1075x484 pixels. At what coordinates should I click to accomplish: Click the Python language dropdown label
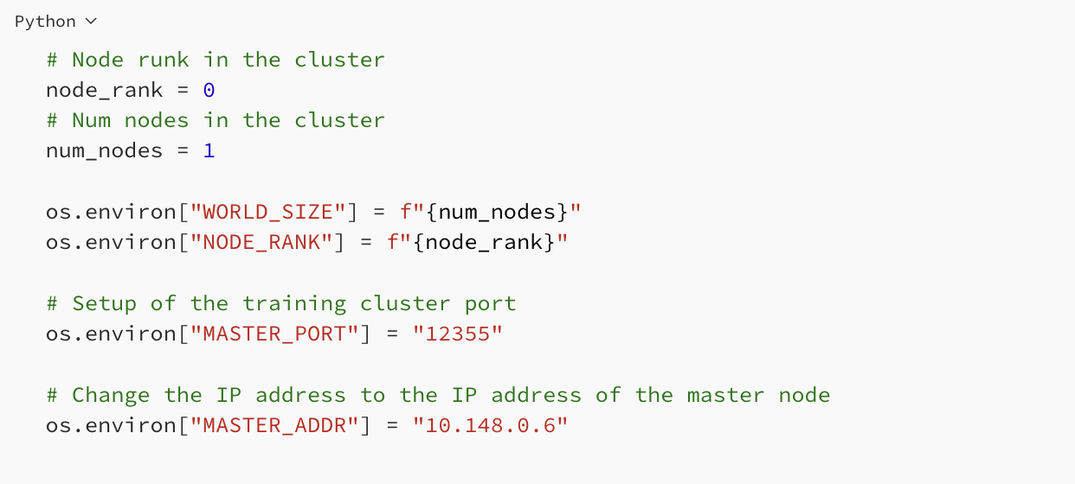coord(45,22)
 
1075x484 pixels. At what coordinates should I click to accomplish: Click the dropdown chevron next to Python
coord(92,22)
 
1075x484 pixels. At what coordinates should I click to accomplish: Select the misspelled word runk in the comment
coord(163,60)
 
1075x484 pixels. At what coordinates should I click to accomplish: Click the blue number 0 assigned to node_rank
coord(209,90)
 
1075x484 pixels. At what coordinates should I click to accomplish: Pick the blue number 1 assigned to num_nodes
coord(209,150)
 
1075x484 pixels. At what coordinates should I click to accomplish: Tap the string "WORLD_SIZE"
coord(267,212)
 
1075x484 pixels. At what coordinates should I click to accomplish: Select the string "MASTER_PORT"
coord(274,334)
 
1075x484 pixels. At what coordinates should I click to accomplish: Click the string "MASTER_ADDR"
coord(274,425)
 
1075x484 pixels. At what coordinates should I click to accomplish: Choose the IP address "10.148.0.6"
coord(490,425)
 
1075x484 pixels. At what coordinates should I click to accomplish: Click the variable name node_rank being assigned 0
coord(104,90)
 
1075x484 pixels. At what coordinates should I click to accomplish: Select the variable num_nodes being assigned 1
coord(104,150)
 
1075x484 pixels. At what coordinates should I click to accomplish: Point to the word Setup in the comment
coord(104,303)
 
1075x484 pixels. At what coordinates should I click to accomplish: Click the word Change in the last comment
coord(111,395)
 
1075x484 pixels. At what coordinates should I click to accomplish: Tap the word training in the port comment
coord(293,303)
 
